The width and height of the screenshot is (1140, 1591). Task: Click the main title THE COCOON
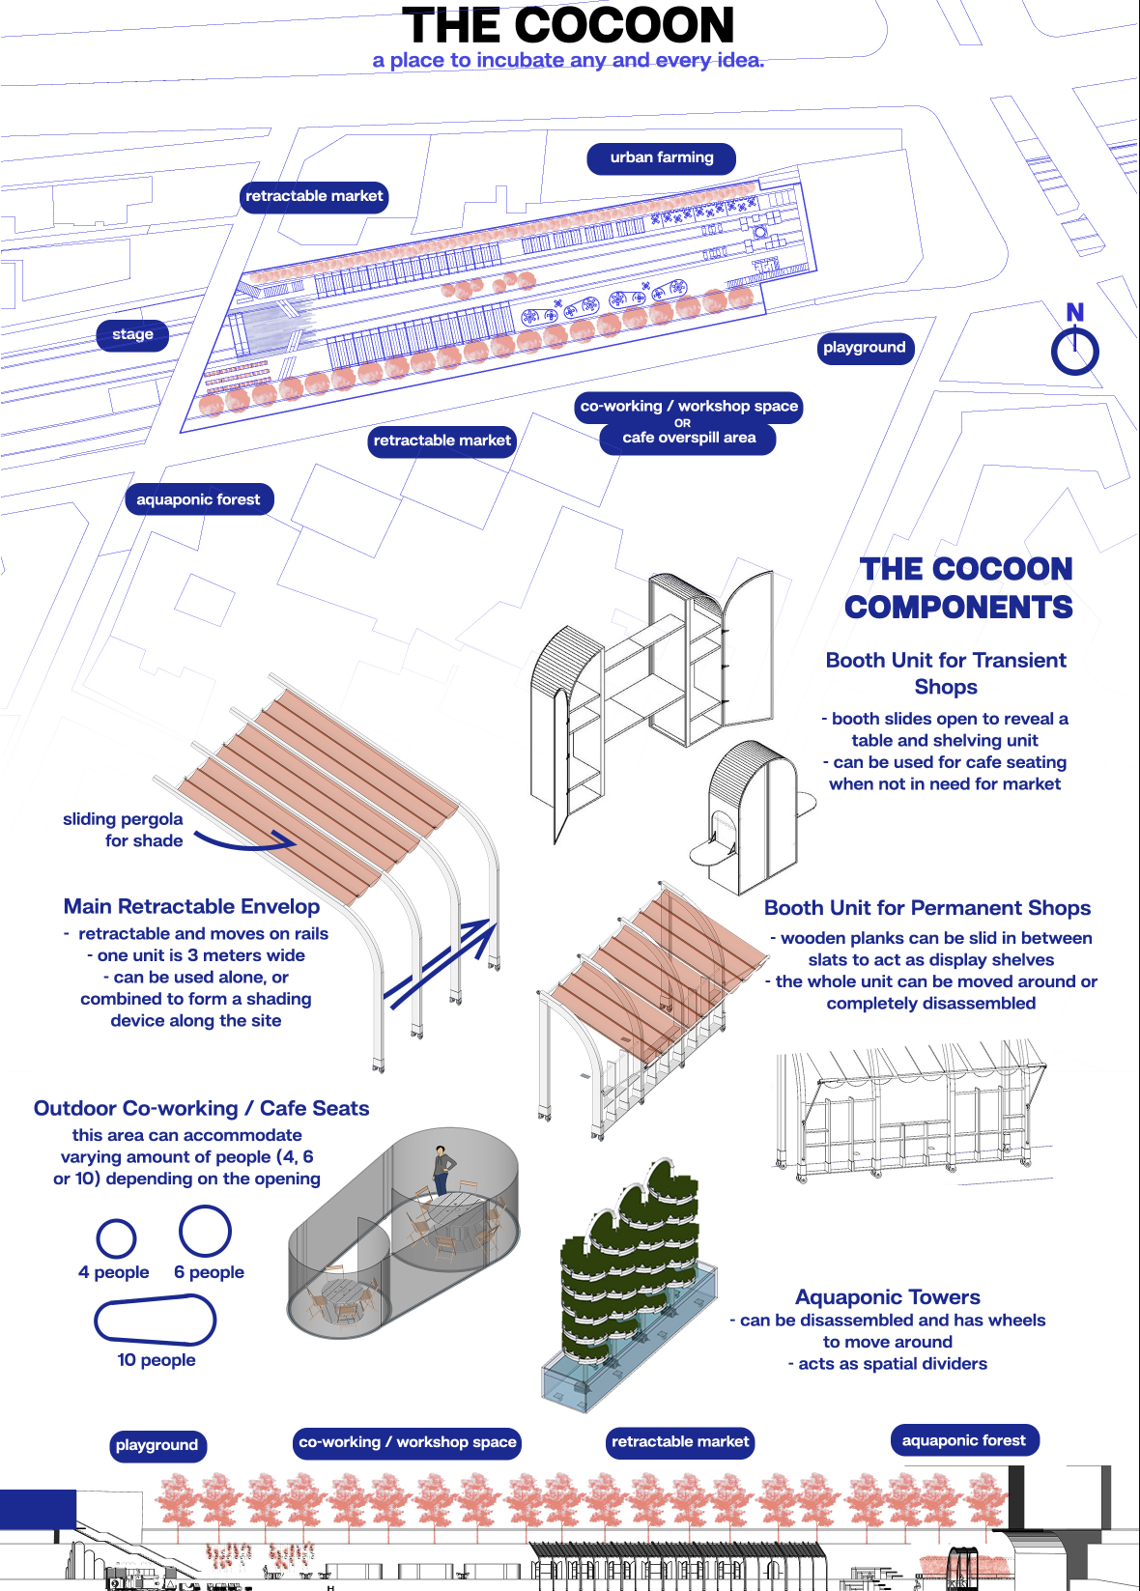tap(568, 26)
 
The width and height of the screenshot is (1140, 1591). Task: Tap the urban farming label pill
tap(662, 157)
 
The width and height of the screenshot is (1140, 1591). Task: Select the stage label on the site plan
tap(133, 334)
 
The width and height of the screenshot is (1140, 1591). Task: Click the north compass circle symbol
tap(1074, 351)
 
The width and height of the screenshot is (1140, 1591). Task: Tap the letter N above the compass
tap(1074, 312)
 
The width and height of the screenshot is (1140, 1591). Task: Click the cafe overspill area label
tap(688, 438)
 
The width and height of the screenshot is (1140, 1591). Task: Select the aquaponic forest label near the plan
tap(199, 499)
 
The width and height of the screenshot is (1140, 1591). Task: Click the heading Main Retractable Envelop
tap(191, 906)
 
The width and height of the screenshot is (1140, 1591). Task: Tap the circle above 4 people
tap(116, 1238)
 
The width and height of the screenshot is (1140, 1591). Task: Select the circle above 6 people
tap(205, 1231)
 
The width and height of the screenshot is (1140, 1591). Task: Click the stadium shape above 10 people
tap(155, 1321)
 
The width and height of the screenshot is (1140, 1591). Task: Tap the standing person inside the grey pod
tap(442, 1169)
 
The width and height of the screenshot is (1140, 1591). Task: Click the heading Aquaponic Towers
tap(887, 1296)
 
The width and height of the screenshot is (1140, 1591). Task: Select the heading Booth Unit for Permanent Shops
tap(926, 908)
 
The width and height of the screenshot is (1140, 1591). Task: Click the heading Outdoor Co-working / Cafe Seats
tap(201, 1108)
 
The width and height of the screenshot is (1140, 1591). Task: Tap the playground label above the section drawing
tap(157, 1445)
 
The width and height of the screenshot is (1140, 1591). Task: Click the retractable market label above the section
tap(680, 1441)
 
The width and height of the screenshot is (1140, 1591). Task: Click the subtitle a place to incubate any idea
tap(568, 60)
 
